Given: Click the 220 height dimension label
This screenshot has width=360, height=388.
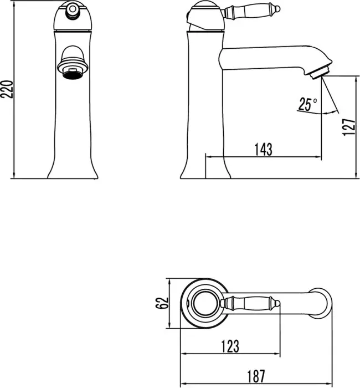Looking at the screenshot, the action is click(7, 89).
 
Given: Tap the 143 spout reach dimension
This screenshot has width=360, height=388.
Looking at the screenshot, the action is click(264, 150).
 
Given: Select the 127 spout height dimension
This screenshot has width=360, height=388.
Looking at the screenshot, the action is click(349, 127).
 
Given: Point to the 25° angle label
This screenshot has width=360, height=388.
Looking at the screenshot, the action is click(307, 104).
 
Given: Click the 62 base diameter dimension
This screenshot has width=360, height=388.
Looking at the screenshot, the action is click(162, 303).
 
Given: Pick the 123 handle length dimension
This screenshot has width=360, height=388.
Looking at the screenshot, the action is click(230, 346).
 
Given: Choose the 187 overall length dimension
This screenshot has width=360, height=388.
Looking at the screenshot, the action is click(256, 376).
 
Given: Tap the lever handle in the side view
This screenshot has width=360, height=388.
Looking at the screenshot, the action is click(251, 11).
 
